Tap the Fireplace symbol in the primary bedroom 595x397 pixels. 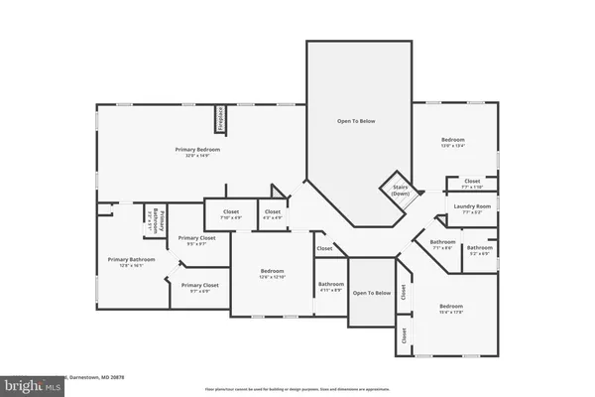[x=219, y=119]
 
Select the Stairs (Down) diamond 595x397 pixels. [x=400, y=189]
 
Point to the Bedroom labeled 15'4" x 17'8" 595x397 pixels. [x=452, y=307]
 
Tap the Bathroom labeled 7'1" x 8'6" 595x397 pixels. [x=442, y=244]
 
